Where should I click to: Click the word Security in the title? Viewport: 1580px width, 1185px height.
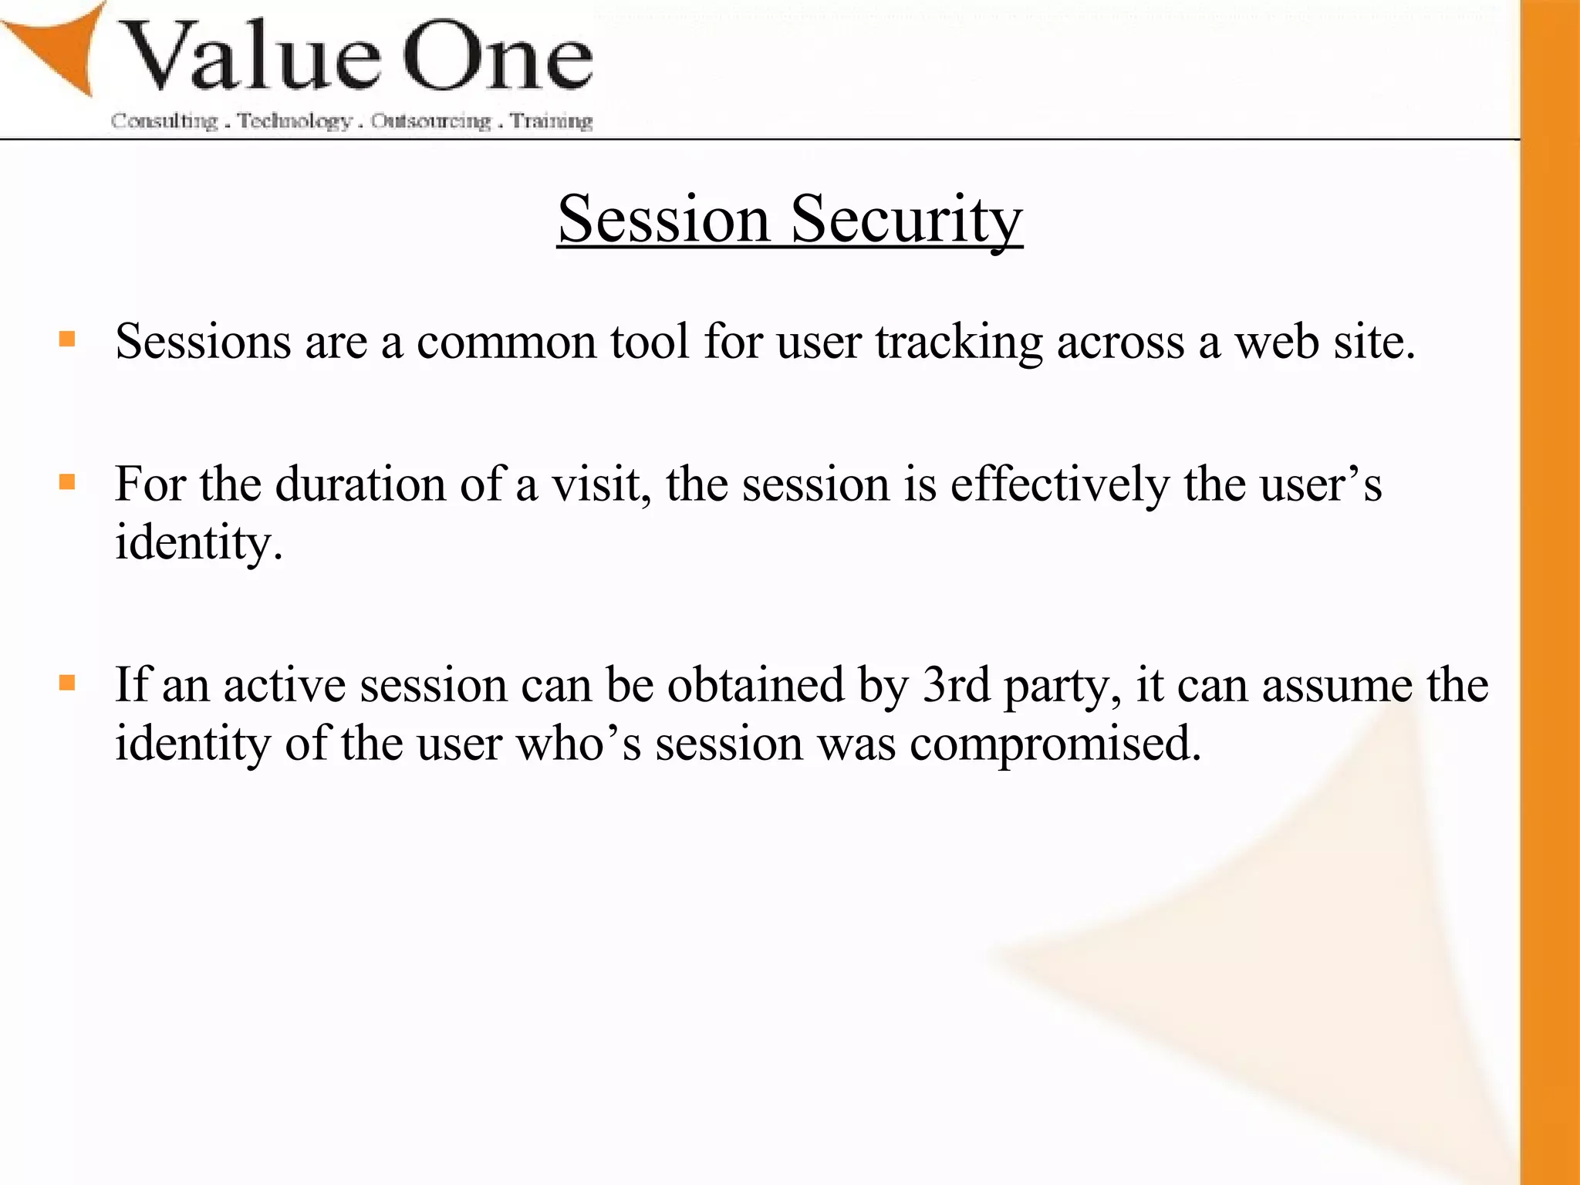click(x=906, y=221)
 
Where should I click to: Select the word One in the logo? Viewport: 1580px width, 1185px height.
click(x=498, y=57)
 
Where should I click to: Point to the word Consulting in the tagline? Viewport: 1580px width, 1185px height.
click(x=164, y=121)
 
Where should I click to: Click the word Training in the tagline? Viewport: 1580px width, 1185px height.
click(x=552, y=121)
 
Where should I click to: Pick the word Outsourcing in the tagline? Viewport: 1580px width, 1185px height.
click(x=430, y=121)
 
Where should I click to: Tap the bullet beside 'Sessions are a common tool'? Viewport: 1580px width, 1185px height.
click(x=67, y=339)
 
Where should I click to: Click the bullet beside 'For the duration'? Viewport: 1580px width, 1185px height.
click(x=67, y=482)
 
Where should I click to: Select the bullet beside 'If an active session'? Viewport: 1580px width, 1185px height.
click(x=67, y=683)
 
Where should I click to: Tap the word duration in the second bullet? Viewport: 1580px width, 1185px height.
click(x=360, y=484)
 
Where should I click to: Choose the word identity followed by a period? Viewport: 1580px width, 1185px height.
click(x=198, y=543)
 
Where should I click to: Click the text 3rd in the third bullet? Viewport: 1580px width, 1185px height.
click(x=957, y=684)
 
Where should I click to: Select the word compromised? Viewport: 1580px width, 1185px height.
click(x=1055, y=744)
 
